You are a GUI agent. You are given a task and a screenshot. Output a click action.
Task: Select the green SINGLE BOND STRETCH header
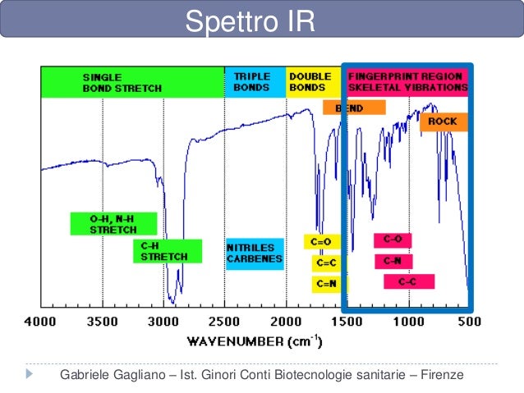(132, 83)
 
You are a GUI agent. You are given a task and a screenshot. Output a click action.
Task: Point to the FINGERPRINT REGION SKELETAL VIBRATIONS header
(407, 81)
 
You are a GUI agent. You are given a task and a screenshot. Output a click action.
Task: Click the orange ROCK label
(444, 122)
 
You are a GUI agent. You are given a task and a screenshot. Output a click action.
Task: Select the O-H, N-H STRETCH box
(101, 224)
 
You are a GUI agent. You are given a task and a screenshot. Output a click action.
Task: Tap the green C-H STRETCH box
(167, 251)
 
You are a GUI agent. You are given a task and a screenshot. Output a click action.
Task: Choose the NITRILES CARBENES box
(254, 254)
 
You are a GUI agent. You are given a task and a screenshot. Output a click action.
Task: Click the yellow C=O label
(320, 242)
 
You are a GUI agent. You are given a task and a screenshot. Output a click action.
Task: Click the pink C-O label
(393, 240)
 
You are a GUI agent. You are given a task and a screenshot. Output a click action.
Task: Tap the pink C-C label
(408, 282)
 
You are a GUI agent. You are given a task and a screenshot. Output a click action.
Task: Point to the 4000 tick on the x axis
(42, 322)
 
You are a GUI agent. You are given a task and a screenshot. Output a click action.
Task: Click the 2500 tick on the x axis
(224, 322)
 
